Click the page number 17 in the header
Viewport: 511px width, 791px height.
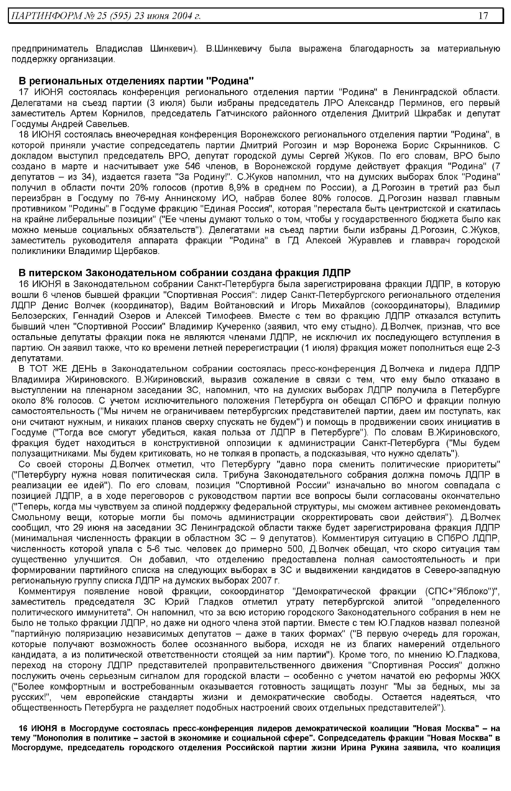click(484, 15)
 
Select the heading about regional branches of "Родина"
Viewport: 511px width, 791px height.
click(136, 81)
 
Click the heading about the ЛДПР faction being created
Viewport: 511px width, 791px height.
click(184, 273)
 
